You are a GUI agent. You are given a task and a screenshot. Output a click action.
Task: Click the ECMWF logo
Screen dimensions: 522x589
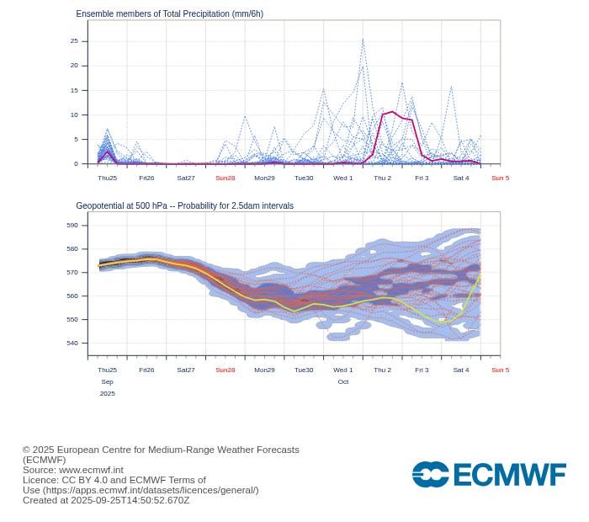tap(488, 474)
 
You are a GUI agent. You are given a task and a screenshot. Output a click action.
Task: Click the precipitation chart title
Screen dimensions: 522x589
tap(169, 14)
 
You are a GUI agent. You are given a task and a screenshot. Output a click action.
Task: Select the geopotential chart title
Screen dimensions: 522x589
tap(184, 205)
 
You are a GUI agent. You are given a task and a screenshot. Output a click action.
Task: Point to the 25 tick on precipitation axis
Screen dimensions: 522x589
tap(74, 40)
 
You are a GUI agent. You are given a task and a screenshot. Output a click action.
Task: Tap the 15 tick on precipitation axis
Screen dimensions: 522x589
tap(74, 90)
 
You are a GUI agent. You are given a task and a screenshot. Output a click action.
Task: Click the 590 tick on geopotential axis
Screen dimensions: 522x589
tap(72, 225)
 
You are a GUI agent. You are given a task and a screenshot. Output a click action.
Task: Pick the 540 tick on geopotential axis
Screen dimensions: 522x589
tap(72, 343)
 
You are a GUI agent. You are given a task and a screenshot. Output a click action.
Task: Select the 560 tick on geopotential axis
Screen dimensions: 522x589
tap(72, 296)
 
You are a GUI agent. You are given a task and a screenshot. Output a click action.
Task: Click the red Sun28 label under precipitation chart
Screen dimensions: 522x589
tap(225, 178)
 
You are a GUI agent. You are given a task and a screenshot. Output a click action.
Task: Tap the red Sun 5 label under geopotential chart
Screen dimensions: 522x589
tap(500, 370)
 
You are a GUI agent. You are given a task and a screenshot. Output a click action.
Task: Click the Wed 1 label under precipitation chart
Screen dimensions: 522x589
tap(342, 178)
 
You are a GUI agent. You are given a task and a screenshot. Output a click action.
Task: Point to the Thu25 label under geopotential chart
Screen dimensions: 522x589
tap(107, 370)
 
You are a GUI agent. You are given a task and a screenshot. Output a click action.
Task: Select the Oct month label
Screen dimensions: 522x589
tap(342, 381)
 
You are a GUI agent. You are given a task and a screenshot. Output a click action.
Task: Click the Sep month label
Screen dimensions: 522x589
tap(107, 381)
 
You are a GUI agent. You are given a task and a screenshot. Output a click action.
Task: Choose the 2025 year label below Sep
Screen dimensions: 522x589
tap(107, 393)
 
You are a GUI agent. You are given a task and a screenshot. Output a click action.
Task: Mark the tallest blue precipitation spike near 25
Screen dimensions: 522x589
tap(363, 40)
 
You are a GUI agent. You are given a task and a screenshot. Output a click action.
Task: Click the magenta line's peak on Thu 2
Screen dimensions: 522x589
tap(392, 112)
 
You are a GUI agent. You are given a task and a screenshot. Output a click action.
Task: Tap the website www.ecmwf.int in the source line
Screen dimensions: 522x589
tap(91, 470)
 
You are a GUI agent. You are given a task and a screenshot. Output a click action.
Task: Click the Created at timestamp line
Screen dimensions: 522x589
tap(106, 500)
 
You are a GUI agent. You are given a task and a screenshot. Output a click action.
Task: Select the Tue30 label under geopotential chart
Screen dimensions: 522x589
tap(304, 370)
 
